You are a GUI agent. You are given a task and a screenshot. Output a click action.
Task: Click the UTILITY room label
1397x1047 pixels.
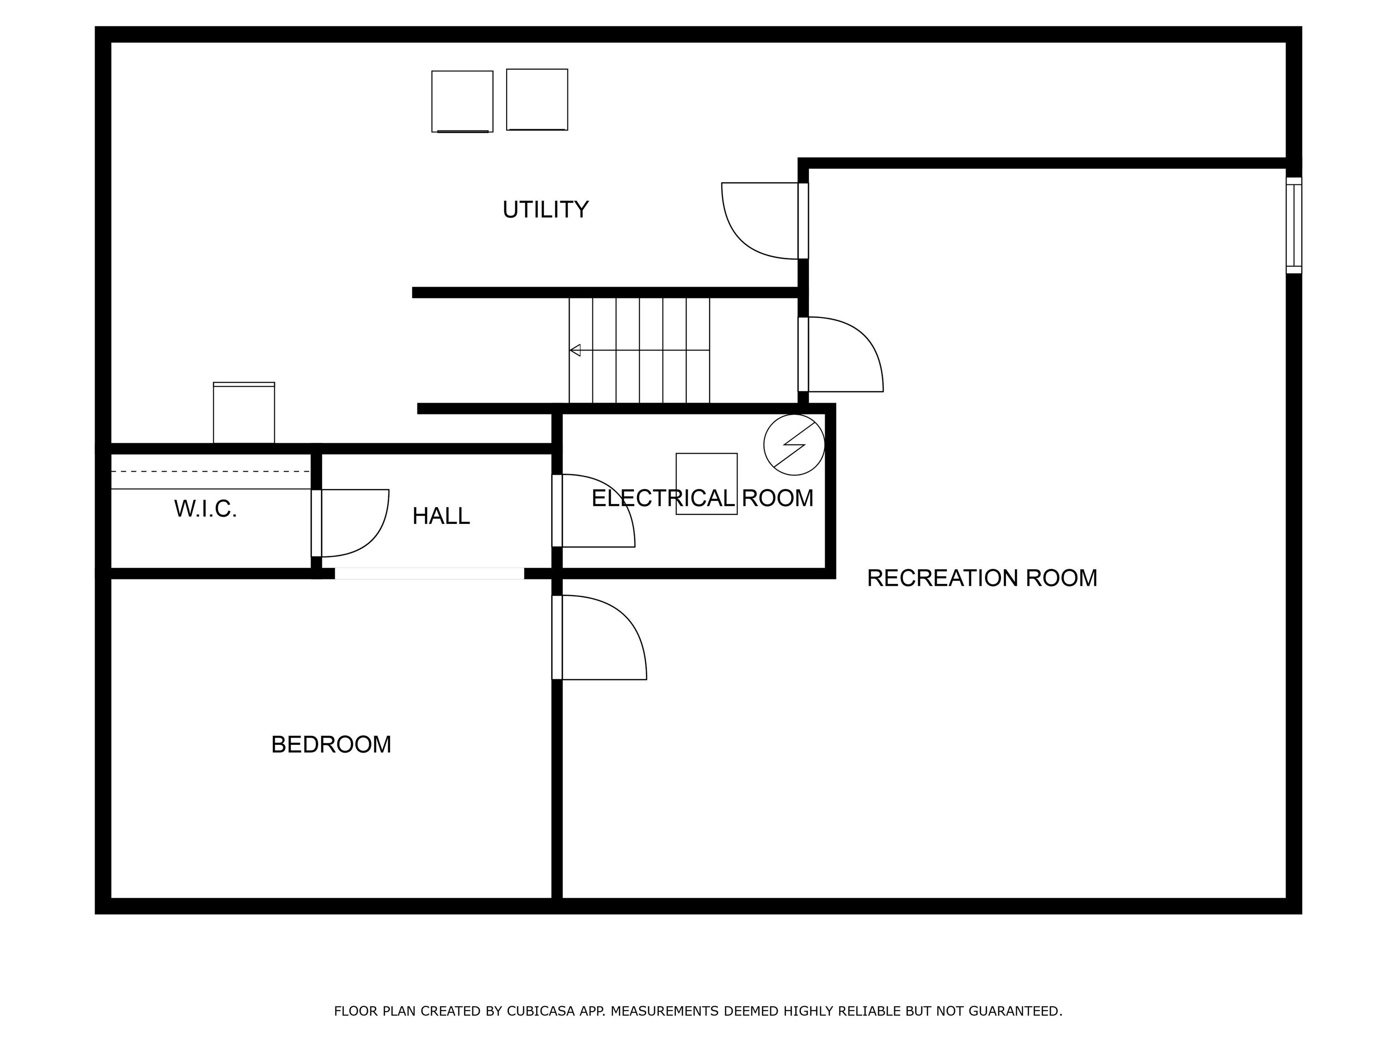545,209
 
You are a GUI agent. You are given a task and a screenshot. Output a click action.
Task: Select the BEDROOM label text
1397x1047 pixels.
331,745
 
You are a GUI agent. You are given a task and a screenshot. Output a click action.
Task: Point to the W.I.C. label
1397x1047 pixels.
205,509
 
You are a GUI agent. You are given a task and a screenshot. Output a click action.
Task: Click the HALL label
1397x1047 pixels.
441,516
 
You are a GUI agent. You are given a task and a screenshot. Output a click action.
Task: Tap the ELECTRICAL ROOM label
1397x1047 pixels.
702,499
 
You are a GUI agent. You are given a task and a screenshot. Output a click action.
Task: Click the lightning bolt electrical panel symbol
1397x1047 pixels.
794,445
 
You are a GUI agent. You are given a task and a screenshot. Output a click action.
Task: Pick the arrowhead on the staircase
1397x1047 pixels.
575,350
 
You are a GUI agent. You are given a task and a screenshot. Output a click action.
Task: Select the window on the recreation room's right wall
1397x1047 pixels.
1293,225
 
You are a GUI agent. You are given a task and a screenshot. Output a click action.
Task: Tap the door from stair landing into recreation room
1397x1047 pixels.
843,357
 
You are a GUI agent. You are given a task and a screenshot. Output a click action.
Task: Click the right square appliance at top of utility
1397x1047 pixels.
537,100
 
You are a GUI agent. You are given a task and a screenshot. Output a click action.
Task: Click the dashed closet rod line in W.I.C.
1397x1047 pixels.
210,471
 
